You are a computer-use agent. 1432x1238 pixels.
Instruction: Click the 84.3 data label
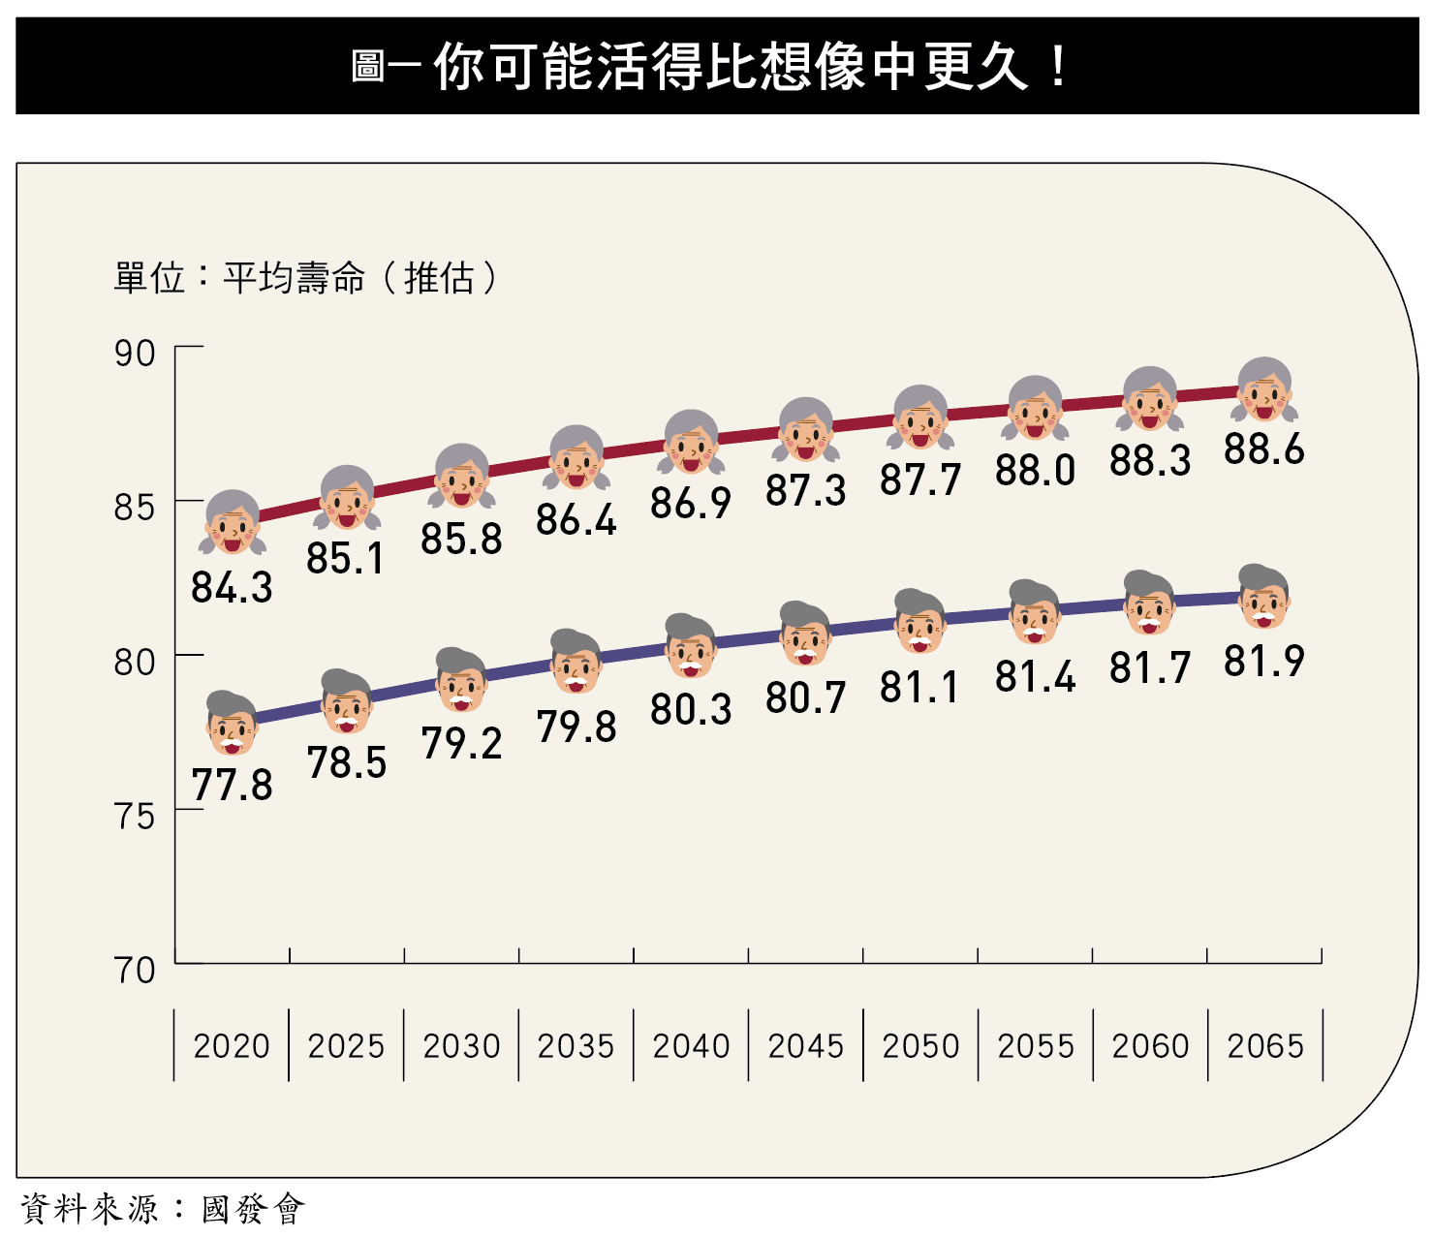(232, 587)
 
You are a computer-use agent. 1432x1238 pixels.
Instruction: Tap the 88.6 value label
(1263, 449)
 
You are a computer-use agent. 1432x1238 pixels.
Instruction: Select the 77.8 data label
(232, 785)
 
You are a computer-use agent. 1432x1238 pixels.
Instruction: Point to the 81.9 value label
(1263, 662)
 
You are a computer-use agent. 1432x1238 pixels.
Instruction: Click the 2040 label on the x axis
(691, 1046)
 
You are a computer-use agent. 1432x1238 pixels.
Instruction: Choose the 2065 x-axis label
(1264, 1046)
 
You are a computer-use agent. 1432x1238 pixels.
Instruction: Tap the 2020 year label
(232, 1046)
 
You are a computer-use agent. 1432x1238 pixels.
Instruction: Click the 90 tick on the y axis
(135, 354)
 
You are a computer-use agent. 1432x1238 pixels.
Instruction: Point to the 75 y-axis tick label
(135, 817)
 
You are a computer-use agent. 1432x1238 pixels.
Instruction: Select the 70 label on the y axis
(135, 970)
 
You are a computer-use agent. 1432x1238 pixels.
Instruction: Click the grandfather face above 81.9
(1263, 597)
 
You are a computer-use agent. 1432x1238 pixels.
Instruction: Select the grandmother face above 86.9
(691, 443)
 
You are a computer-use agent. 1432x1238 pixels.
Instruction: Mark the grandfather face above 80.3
(690, 647)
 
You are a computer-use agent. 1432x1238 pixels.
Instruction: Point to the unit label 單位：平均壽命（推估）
(306, 278)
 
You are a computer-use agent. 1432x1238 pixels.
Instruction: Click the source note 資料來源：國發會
(162, 1209)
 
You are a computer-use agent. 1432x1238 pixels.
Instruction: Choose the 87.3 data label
(805, 490)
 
